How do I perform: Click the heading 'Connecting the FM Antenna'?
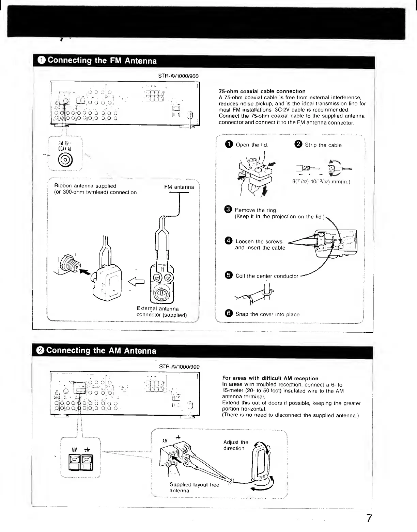[102, 61]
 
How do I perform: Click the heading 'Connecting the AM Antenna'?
[101, 351]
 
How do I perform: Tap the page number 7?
[369, 519]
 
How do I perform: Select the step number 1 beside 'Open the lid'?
[229, 145]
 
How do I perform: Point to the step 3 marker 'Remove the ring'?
[229, 210]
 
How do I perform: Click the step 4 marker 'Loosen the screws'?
[229, 241]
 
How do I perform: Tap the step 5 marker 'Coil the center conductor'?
[229, 276]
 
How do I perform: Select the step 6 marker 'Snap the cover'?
[229, 314]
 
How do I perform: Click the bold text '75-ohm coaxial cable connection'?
[262, 91]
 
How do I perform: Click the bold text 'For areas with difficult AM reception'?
[270, 378]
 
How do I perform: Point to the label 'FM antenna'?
[179, 187]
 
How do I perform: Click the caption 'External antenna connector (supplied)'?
[161, 312]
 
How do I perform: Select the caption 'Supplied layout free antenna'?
[194, 487]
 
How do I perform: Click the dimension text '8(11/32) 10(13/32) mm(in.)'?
[321, 182]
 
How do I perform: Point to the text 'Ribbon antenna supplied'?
[85, 186]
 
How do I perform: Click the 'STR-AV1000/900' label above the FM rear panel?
[178, 76]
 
